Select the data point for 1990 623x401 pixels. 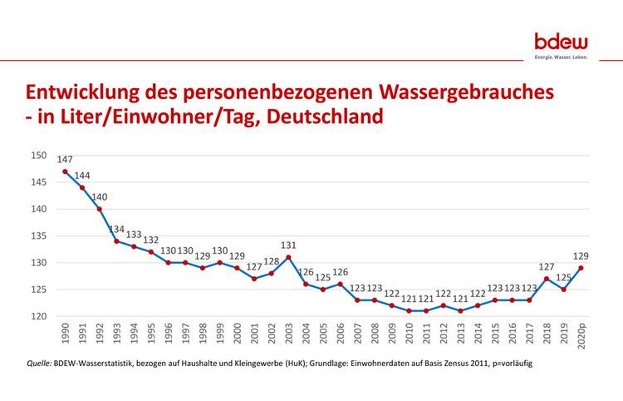click(65, 171)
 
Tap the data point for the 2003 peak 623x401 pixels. click(288, 257)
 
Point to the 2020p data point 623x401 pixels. click(581, 268)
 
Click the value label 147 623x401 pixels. click(66, 159)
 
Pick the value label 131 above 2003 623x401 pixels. click(288, 245)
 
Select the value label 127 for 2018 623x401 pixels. click(546, 266)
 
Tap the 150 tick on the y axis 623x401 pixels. click(38, 155)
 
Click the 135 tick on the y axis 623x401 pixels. click(38, 235)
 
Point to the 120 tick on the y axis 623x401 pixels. click(38, 316)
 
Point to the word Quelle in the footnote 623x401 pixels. click(40, 364)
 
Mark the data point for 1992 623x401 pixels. click(100, 209)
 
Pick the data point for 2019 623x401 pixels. click(563, 290)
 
